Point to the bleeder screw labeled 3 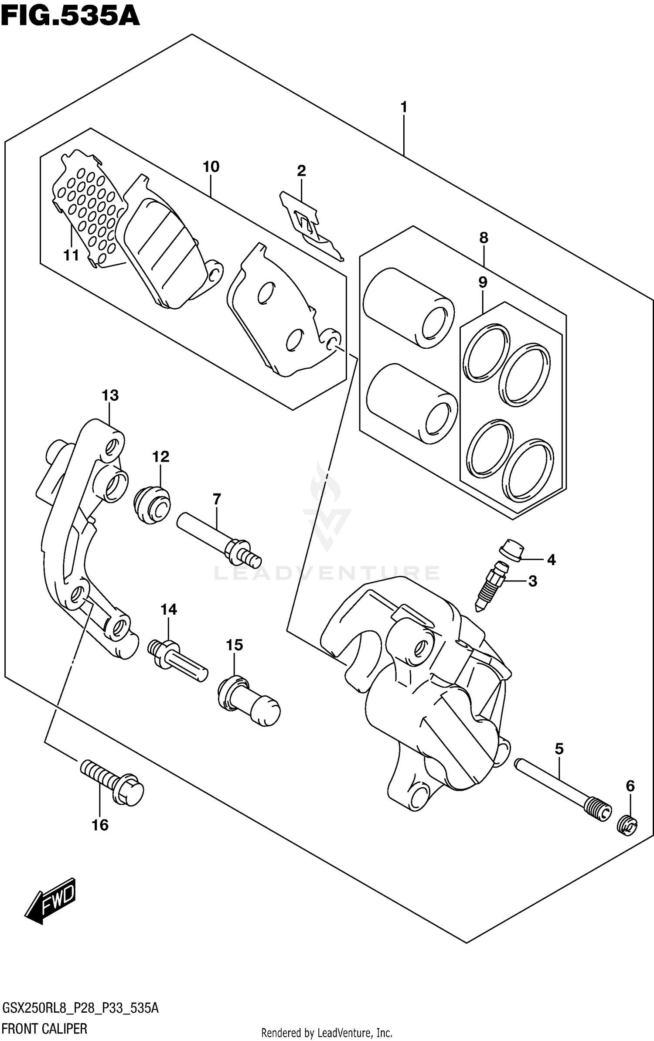(492, 586)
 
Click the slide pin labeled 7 (218, 538)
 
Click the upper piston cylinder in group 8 (408, 307)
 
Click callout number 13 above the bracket (110, 395)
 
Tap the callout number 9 (483, 282)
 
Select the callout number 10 (211, 167)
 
